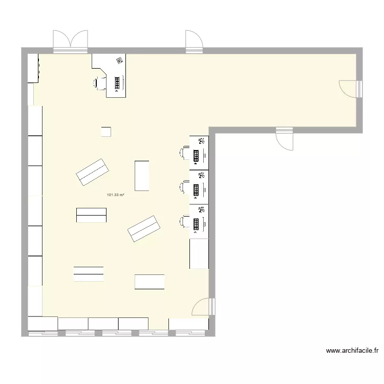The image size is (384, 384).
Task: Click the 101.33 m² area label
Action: [x=116, y=195]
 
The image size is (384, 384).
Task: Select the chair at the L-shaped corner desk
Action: [x=99, y=82]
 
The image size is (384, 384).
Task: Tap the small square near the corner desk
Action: [x=106, y=132]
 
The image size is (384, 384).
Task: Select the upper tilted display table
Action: [x=93, y=172]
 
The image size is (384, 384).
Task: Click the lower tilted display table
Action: [x=144, y=229]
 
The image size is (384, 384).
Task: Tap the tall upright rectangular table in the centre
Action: [x=142, y=176]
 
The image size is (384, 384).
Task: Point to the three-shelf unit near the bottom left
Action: [x=89, y=274]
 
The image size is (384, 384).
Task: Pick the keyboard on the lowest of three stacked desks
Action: [x=196, y=223]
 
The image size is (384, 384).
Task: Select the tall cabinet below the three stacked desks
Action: [x=199, y=253]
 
